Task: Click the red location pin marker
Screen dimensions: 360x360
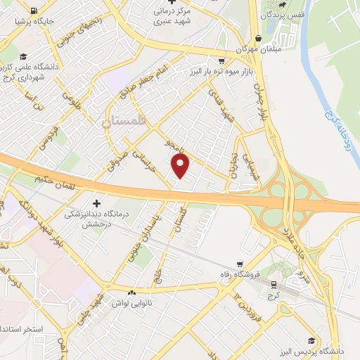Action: (181, 166)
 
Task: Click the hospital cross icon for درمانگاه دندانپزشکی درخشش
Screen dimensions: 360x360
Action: (97, 202)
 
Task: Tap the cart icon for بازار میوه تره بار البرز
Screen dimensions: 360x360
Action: (221, 60)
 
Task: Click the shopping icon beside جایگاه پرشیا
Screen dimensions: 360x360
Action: (34, 11)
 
